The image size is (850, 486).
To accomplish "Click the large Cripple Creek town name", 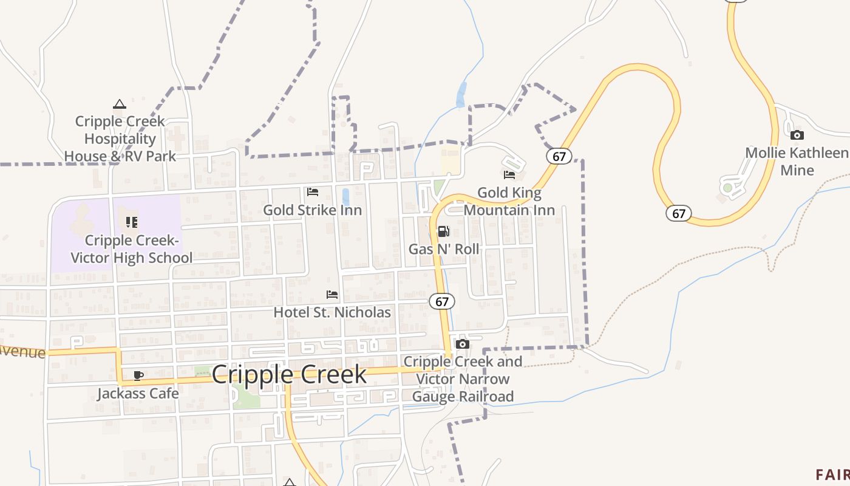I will tap(289, 374).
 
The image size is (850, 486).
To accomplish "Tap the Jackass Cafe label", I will tap(138, 393).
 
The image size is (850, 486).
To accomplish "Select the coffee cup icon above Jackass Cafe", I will tap(138, 375).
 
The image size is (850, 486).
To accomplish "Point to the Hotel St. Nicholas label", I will tap(332, 312).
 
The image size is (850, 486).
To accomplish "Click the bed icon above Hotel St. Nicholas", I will tap(332, 295).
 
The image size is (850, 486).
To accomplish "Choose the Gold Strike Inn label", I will tap(312, 210).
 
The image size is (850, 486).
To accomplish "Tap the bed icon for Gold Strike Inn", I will tap(313, 192).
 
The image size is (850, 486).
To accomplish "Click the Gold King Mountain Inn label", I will tap(509, 201).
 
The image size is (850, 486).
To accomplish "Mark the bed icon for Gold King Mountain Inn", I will tap(509, 175).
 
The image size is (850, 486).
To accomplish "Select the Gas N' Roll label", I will tap(444, 249).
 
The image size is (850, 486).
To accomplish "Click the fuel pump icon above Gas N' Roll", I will tap(444, 231).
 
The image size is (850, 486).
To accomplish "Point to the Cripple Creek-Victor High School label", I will tap(131, 249).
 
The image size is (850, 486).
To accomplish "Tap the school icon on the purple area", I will tap(132, 222).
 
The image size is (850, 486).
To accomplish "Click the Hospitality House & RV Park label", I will tap(120, 139).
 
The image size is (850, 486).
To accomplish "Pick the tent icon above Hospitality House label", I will tap(120, 104).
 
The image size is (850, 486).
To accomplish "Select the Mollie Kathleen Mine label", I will tap(797, 161).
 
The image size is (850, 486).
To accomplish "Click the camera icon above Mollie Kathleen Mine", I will tap(797, 135).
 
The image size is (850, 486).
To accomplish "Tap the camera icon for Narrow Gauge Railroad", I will tap(463, 344).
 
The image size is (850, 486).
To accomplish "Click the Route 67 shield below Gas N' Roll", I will tap(442, 301).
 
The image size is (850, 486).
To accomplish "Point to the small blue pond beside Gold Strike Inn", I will tap(345, 197).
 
